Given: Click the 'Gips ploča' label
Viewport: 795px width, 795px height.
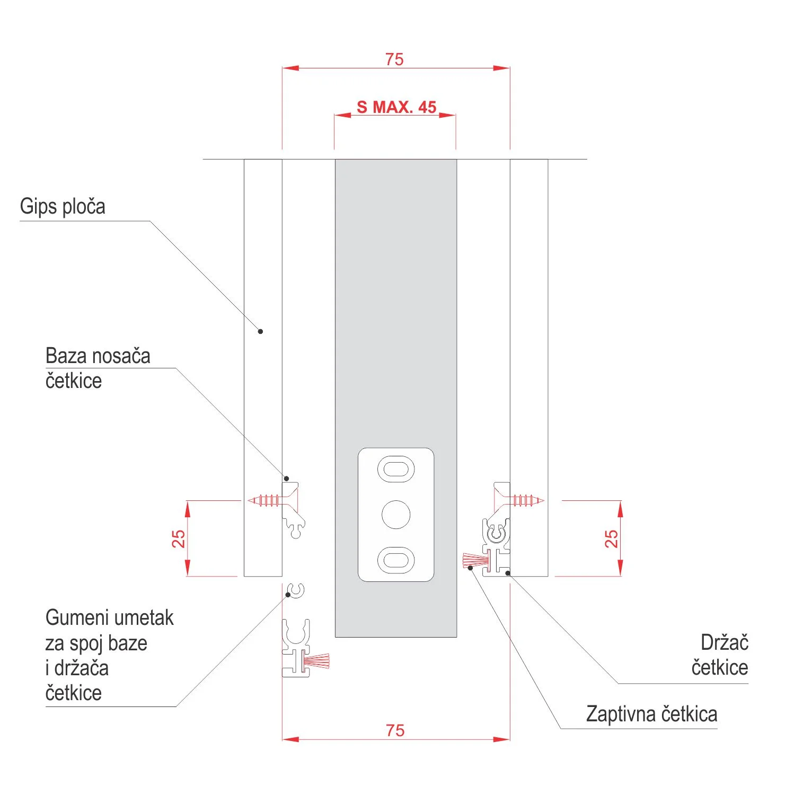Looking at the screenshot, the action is pos(63,206).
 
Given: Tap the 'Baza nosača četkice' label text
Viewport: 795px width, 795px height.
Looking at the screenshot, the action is pos(98,368).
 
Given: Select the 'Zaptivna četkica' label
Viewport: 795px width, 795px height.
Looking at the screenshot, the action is pos(651,714).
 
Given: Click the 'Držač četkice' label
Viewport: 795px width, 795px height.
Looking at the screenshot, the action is pos(720,655).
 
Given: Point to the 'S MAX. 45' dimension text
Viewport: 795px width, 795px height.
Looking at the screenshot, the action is pos(396,107).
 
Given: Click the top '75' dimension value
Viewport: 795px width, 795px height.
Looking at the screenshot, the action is pos(394,59).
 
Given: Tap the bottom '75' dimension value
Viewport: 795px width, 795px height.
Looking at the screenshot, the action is pos(395,730).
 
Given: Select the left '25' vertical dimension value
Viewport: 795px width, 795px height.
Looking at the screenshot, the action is pos(179,538).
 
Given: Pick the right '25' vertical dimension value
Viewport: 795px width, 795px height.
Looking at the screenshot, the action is pos(611,538).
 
